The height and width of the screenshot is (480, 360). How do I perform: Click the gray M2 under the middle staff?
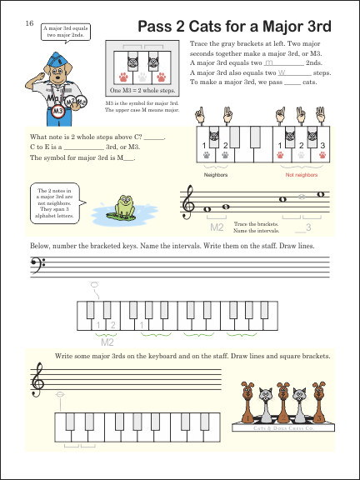(x=217, y=227)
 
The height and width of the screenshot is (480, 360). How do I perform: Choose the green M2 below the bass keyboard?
(x=106, y=341)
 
